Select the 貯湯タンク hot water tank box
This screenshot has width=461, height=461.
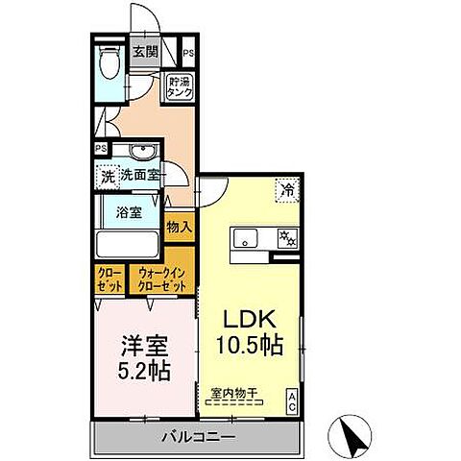point(180,86)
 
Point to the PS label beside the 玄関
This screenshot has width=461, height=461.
point(188,54)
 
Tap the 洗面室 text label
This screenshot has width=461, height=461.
point(141,177)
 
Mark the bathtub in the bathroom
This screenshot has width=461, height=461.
point(129,245)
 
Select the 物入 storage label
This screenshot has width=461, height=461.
point(180,228)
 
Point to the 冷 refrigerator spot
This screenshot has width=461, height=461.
point(286,189)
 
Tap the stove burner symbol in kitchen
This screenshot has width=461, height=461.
point(285,237)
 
